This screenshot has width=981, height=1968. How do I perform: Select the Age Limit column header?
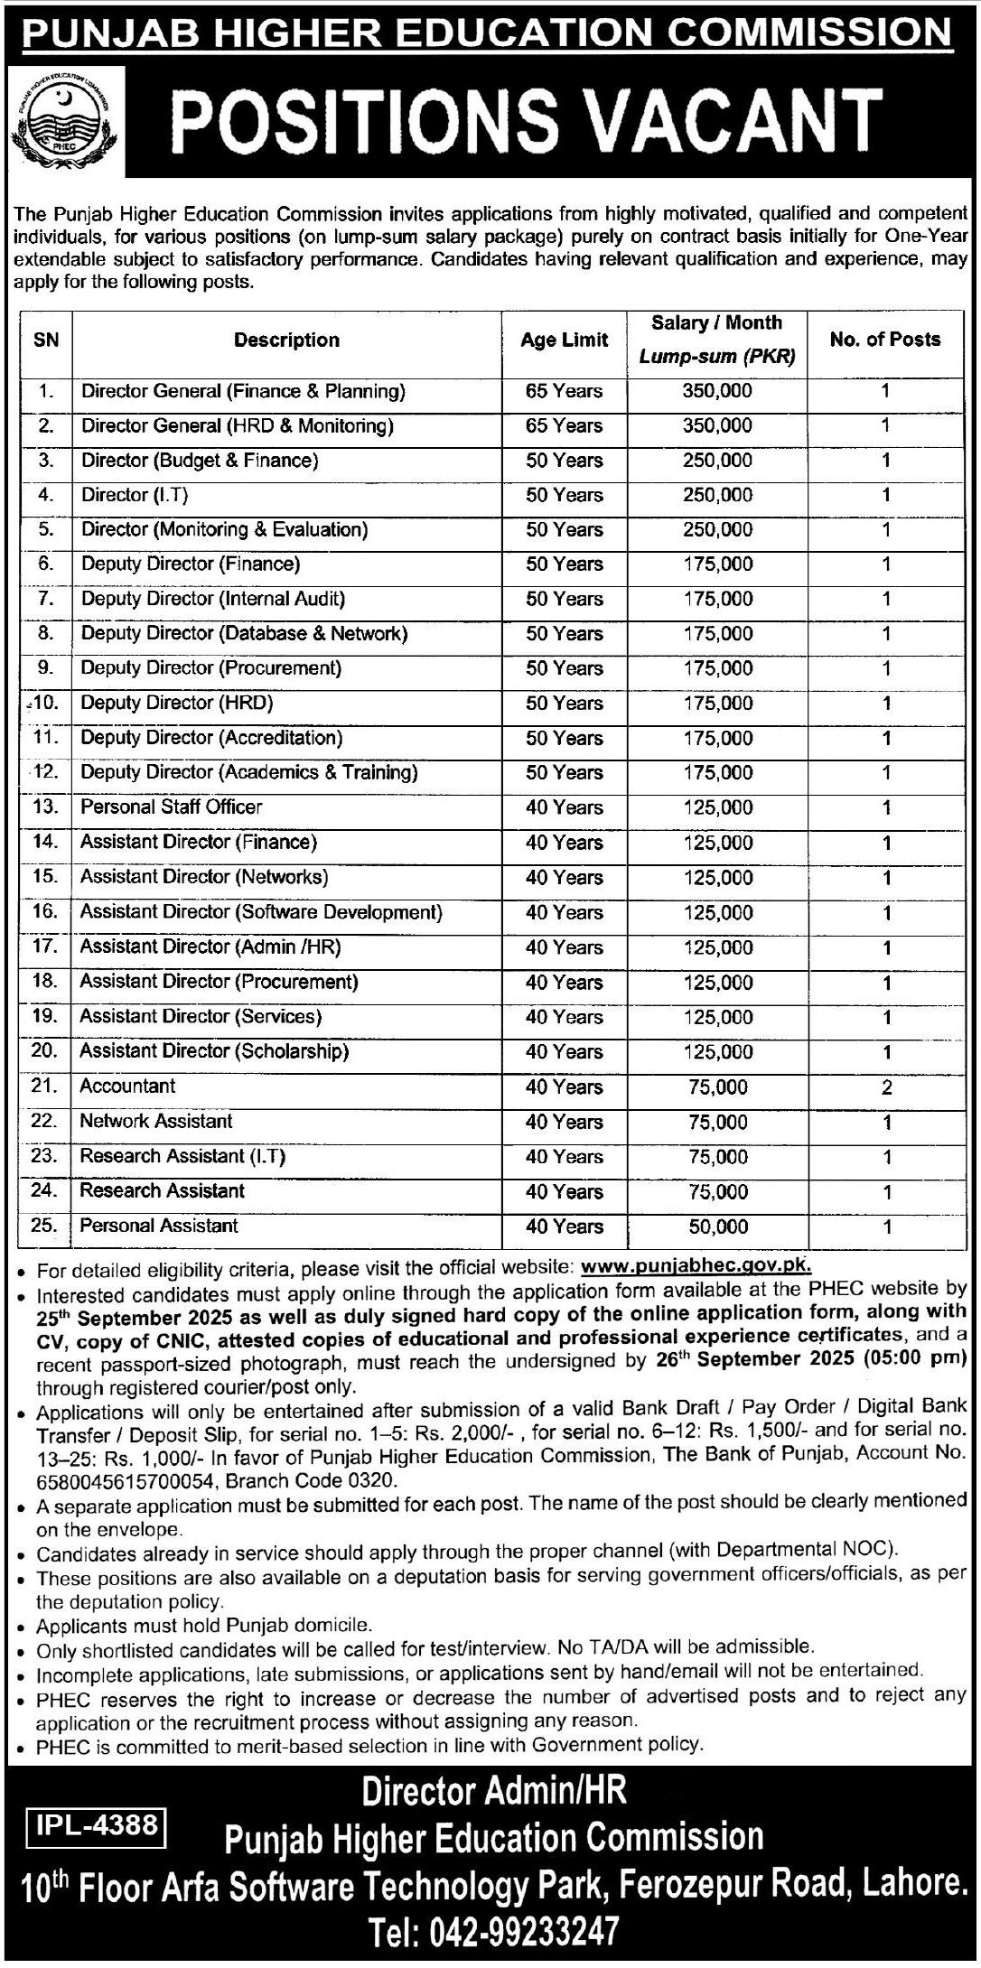click(564, 340)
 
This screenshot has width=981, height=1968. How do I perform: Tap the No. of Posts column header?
click(884, 340)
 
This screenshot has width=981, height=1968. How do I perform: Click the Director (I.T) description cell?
click(135, 495)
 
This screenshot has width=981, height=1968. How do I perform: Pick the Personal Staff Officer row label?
click(172, 807)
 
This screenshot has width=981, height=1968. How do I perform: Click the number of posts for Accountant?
click(885, 1087)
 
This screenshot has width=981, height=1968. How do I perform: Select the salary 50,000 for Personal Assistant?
click(717, 1227)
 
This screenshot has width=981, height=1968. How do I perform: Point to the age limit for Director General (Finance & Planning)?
click(564, 391)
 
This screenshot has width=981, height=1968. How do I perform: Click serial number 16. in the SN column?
click(45, 911)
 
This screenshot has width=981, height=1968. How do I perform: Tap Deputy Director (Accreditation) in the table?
click(211, 738)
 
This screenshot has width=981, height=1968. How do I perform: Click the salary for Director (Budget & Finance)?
click(717, 461)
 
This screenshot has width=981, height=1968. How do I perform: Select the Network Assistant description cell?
click(156, 1122)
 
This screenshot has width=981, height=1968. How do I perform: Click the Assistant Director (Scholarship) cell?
click(214, 1052)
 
